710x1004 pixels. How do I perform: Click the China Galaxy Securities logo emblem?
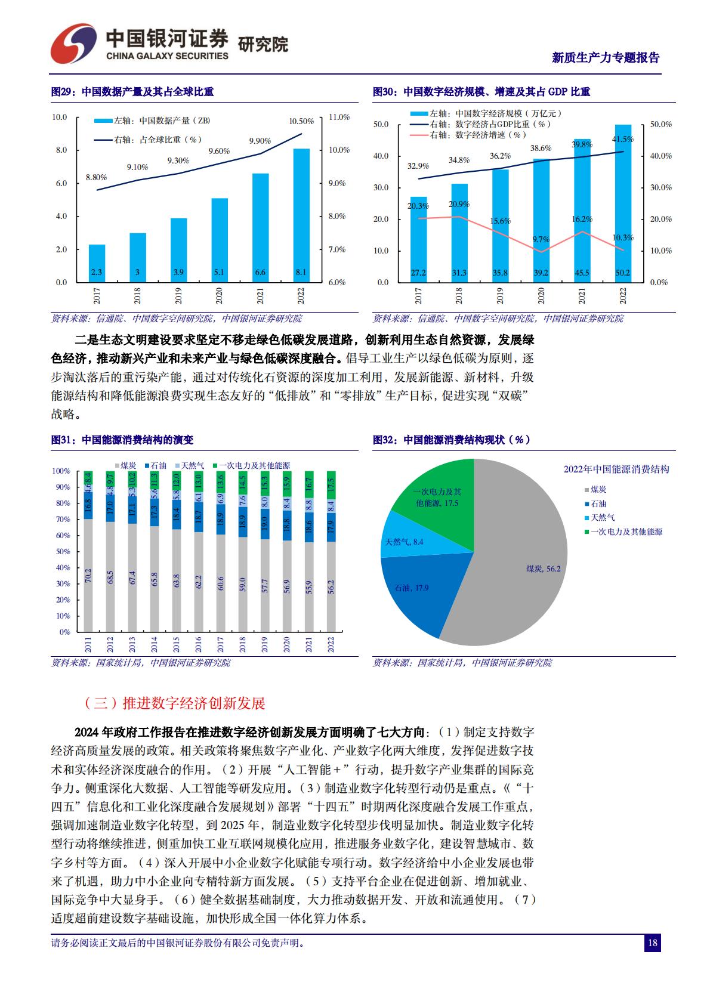tap(72, 45)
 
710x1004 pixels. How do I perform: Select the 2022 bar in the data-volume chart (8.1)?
tap(301, 215)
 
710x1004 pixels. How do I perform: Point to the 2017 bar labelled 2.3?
tap(97, 263)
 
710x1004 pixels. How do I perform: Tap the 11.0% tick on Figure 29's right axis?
tap(339, 117)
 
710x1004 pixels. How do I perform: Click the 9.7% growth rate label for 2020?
tap(541, 239)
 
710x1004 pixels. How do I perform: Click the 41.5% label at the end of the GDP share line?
tap(622, 139)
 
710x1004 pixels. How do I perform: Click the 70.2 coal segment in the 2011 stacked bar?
tap(88, 575)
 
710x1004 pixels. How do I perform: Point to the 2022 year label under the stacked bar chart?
tap(331, 645)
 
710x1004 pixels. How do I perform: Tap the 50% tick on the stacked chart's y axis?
tap(63, 551)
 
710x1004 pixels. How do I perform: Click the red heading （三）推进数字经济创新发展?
tap(175, 703)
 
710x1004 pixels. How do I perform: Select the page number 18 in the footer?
tap(652, 943)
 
